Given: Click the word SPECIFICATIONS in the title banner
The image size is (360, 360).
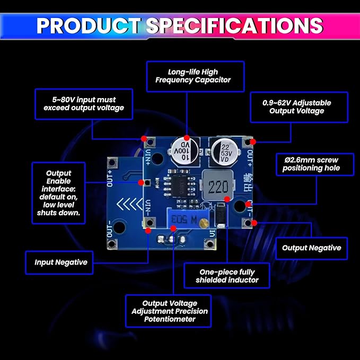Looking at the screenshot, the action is point(235,25).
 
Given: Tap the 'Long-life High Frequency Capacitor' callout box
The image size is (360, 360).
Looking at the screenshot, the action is point(195,76).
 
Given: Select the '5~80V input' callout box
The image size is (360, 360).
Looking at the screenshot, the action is point(84,104).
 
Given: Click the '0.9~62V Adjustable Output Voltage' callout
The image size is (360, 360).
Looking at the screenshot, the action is point(299,107).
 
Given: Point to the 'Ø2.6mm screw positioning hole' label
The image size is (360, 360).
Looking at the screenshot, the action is point(315,164).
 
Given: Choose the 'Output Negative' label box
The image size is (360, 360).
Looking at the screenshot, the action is point(311,248).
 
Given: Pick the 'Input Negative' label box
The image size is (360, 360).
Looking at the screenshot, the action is point(59,262).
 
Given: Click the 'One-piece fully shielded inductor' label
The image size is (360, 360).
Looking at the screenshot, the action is point(227,276).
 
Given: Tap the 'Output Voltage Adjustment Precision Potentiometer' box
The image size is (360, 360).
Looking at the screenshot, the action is point(168,311).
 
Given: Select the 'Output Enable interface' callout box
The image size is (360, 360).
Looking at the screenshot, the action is point(58,193).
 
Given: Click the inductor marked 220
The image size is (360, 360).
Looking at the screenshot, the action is point(218,186).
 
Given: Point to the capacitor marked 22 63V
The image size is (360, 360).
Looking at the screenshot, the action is point(224,152).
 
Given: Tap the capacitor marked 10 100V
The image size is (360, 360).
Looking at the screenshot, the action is point(185,151).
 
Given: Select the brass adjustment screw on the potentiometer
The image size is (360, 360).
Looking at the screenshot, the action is point(204,223).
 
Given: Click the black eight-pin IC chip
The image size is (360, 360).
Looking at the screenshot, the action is point(180,186).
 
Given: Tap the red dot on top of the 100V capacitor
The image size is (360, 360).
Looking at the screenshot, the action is point(187,138).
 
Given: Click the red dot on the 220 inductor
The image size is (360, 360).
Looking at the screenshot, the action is point(227,199).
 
